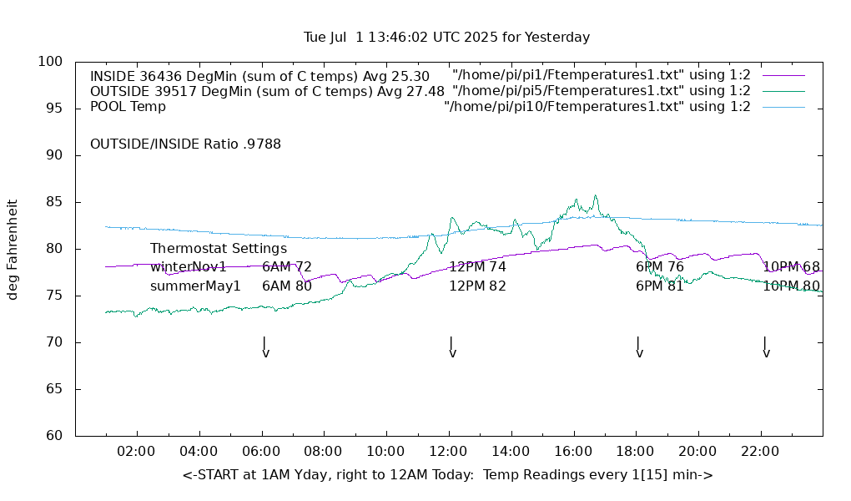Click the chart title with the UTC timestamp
click(446, 38)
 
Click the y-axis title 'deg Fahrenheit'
click(13, 249)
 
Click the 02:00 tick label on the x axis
click(136, 452)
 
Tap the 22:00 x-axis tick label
click(760, 452)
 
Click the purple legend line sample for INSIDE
click(783, 76)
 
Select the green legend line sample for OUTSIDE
click(783, 91)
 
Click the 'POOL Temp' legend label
click(128, 107)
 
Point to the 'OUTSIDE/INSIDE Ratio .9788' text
click(185, 144)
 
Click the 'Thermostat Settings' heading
click(219, 249)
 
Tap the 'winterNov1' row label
click(189, 267)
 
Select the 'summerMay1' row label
click(195, 286)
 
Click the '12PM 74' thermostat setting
click(477, 267)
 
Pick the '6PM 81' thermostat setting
click(659, 286)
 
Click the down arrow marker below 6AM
click(265, 348)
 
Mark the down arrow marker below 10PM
click(766, 348)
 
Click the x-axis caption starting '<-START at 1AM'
click(447, 475)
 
